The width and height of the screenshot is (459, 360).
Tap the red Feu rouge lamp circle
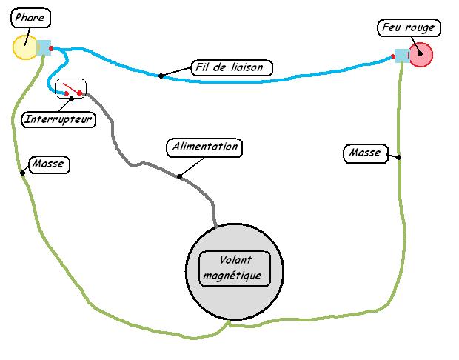(421, 54)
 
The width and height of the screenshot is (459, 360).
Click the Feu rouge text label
(408, 28)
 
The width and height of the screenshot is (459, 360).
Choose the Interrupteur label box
(59, 119)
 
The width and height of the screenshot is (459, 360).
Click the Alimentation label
(204, 147)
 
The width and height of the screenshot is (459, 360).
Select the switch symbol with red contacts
(71, 90)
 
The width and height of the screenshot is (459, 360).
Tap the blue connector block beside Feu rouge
(401, 56)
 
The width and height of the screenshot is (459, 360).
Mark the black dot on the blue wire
(161, 75)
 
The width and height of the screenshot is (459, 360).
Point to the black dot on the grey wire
(179, 176)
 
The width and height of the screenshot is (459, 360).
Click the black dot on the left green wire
(22, 173)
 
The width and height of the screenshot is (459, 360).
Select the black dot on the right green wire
(398, 156)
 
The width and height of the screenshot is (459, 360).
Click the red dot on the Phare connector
(51, 50)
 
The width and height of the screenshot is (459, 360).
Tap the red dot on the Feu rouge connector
(393, 56)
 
